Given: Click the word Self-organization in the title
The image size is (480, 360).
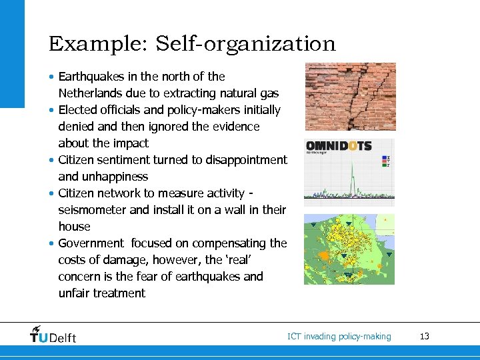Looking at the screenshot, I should pyautogui.click(x=245, y=44).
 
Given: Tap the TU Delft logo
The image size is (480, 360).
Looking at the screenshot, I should pyautogui.click(x=53, y=335).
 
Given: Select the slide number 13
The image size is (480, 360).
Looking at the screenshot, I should pyautogui.click(x=425, y=337).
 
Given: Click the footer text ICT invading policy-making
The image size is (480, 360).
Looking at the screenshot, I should pyautogui.click(x=339, y=337).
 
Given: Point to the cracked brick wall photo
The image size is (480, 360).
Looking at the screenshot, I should pyautogui.click(x=350, y=97).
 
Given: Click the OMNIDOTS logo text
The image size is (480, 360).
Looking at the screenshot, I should pyautogui.click(x=338, y=147).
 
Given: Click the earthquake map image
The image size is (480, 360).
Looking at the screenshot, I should pyautogui.click(x=349, y=249).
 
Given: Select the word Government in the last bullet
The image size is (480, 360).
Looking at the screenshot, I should pyautogui.click(x=91, y=243).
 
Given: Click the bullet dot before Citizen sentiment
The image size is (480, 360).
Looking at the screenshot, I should pyautogui.click(x=52, y=160).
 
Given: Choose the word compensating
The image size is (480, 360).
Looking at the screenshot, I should pyautogui.click(x=217, y=243).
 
